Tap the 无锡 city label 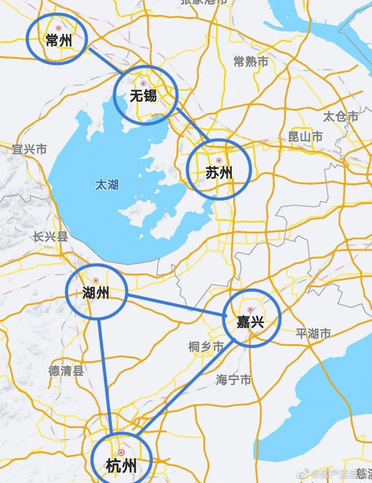coord(143,96)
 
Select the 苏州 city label coord(219,173)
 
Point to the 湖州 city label coord(96,293)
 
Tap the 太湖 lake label coord(107,185)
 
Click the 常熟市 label coord(251,62)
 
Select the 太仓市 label coord(340,116)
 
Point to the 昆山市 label coord(305,136)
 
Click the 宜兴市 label coord(29,149)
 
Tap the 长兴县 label coord(50,237)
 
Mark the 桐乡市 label coord(206,346)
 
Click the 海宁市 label coord(234,379)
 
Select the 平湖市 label coord(313,334)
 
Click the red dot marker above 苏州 coord(219,160)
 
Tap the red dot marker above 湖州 coord(96,280)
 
